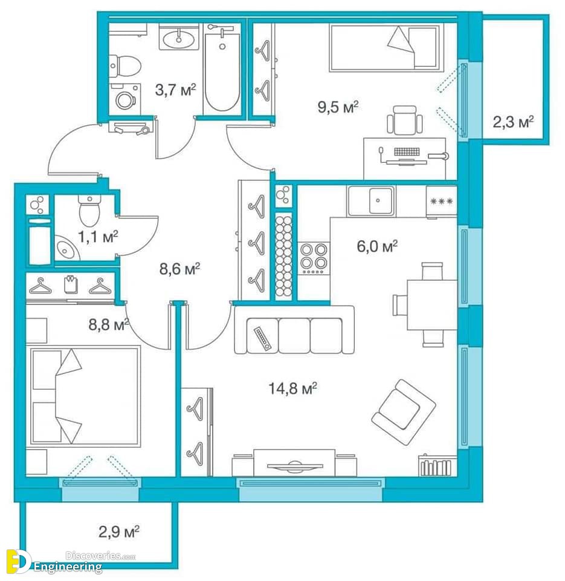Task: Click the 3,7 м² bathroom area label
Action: coord(175,90)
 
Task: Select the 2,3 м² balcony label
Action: coord(513,121)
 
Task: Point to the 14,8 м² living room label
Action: coord(292,389)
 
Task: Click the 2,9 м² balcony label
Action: coord(119,532)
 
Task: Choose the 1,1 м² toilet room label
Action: coord(98,236)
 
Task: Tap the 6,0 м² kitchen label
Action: coord(377,246)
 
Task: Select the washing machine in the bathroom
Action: coord(125,97)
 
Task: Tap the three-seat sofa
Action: coord(294,329)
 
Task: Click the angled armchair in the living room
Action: coord(404,412)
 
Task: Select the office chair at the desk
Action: coord(404,120)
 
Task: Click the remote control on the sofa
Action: coord(262,338)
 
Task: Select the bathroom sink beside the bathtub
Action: coord(179,37)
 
